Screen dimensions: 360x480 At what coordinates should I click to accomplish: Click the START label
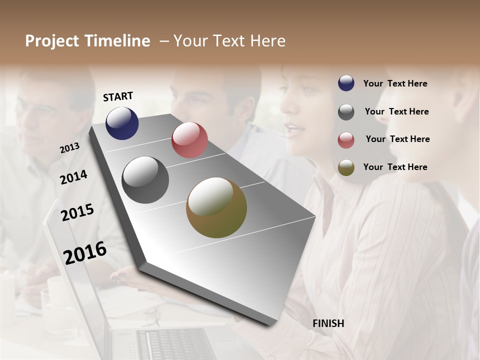(118, 96)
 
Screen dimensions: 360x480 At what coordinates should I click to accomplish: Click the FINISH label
(328, 323)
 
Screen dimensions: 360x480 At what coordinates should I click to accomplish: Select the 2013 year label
(69, 148)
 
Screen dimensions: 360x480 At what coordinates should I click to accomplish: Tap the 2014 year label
(73, 177)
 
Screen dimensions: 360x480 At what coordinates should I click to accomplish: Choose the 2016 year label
(85, 252)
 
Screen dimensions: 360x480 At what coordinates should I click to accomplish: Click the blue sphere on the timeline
(122, 123)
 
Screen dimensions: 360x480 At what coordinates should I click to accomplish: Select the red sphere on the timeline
(189, 140)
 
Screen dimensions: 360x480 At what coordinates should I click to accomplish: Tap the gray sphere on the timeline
(145, 180)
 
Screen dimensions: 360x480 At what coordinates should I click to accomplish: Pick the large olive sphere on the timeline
(216, 208)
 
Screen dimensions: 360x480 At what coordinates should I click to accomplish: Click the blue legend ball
(346, 83)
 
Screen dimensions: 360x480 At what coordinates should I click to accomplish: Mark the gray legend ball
(346, 111)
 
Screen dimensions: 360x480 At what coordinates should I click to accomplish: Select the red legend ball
(346, 139)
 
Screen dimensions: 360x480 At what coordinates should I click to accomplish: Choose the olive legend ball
(346, 167)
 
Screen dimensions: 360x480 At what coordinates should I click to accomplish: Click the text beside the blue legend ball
(395, 83)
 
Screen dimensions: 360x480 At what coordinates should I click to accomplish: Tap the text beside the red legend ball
(397, 139)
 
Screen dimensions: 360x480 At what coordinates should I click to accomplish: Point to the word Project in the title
(52, 41)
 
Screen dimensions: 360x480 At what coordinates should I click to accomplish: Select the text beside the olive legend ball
(395, 167)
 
